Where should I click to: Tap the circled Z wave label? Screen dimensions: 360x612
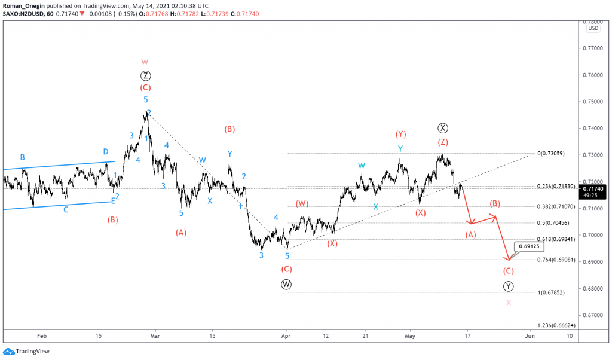(145, 75)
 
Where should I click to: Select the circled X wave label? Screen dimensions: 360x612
(442, 127)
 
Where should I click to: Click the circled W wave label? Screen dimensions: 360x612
(286, 284)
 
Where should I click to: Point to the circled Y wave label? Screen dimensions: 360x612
(508, 286)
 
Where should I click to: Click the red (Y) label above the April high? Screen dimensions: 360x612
(400, 134)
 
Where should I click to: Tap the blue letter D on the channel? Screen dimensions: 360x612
(106, 151)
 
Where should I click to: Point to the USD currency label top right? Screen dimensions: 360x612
(593, 28)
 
